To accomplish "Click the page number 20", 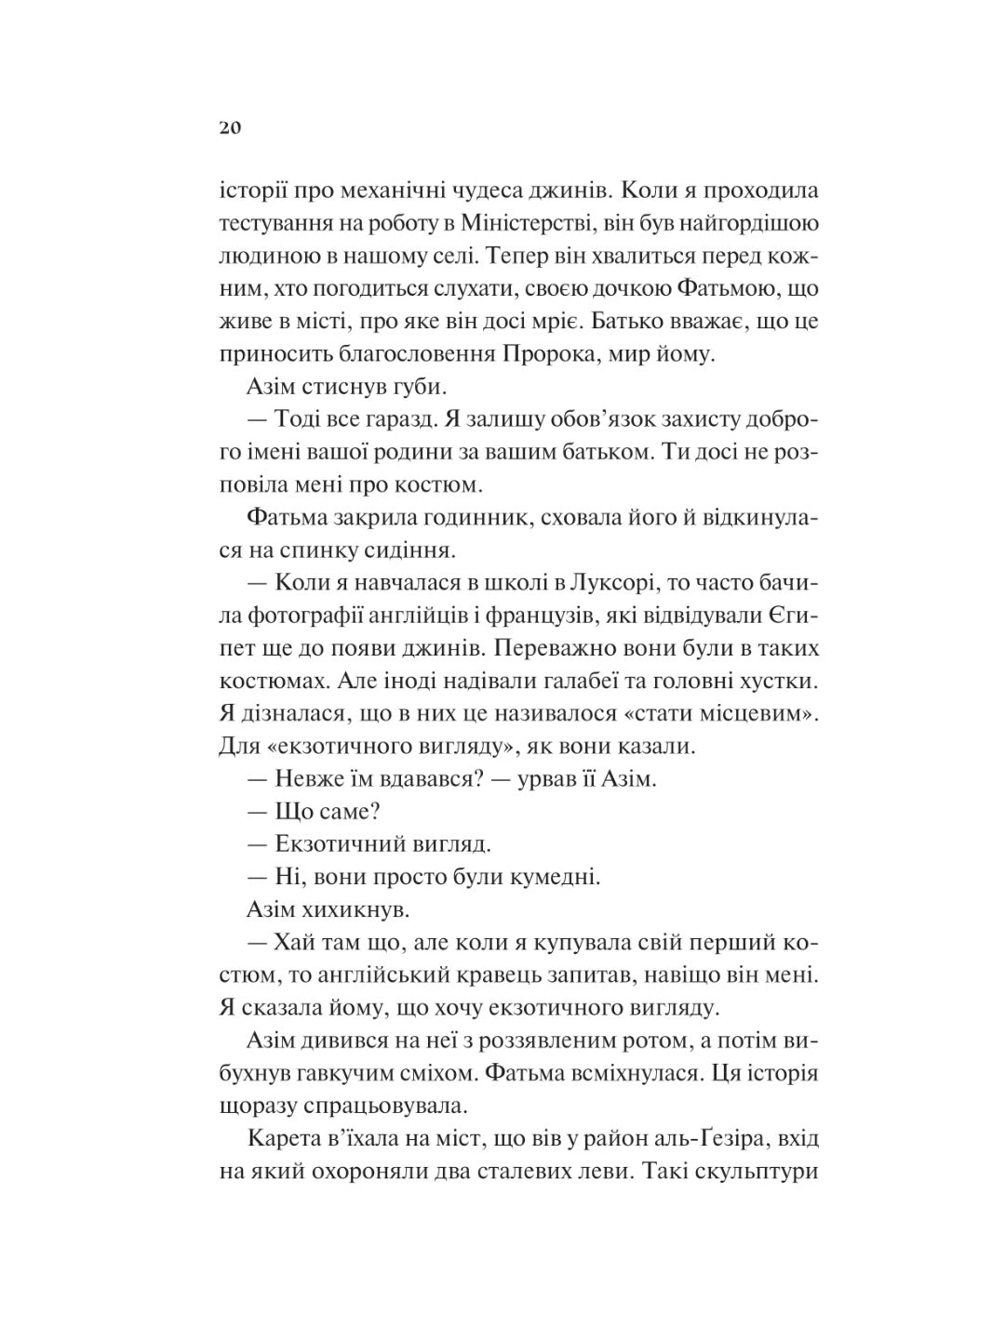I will click(230, 128).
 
